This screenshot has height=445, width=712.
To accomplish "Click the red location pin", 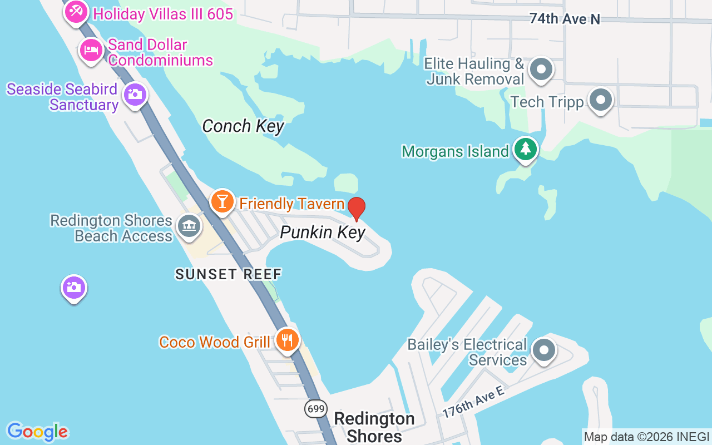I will coord(356,209).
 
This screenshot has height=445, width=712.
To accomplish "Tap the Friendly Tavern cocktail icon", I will coord(222,201).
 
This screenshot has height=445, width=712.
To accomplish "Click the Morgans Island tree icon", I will coord(525,149).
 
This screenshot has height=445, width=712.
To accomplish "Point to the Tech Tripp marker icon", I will coord(600,100).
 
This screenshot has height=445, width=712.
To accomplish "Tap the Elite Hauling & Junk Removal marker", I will coord(540,70).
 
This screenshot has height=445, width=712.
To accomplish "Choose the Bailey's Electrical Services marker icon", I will coord(543,350).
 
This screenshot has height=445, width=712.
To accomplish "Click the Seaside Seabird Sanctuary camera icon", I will coord(134,95).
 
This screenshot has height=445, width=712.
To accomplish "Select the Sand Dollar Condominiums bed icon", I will coord(91,51).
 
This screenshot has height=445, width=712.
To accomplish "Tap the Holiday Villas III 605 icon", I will coord(75,11).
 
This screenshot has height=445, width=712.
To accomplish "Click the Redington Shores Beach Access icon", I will coord(189,226).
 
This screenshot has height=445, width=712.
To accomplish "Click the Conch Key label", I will coord(243,126).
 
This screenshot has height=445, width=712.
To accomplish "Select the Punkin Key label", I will coord(323,232).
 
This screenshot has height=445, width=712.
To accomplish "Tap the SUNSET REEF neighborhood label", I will coord(229,274).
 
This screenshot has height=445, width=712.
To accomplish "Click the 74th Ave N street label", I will coord(565,19).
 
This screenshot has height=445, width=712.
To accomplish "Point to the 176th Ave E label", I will coord(473,402).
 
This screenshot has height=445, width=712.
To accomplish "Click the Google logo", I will coord(37,432).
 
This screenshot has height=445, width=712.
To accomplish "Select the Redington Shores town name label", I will coord(374,427).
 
